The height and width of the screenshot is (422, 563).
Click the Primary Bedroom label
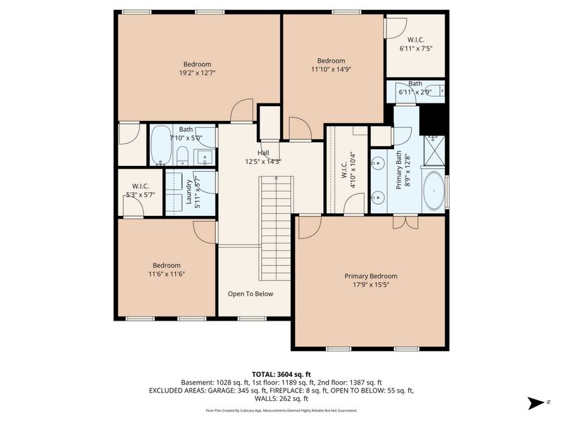click(370, 276)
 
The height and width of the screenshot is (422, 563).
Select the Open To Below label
click(250, 294)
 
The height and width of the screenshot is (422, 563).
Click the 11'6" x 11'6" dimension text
click(167, 274)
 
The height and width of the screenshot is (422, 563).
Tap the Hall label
click(263, 153)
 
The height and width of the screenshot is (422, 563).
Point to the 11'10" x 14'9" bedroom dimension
click(330, 69)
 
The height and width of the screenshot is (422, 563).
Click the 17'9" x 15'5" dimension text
click(370, 285)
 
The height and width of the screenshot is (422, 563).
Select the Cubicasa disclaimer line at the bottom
click(281, 410)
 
